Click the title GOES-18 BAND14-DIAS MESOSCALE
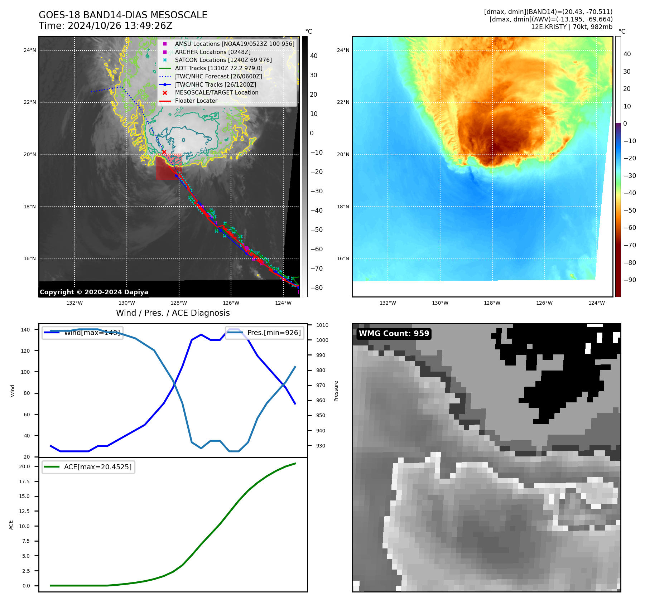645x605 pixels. [x=123, y=15]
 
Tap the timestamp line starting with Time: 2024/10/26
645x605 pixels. [x=105, y=26]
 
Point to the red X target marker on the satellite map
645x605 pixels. [x=164, y=152]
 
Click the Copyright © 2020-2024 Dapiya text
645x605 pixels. [x=94, y=292]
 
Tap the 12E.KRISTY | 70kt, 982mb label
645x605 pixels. [x=572, y=27]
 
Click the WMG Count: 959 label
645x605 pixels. [x=394, y=334]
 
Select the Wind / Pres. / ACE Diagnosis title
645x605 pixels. [x=173, y=313]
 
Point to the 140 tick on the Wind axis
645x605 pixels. [x=25, y=330]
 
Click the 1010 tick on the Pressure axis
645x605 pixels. [x=322, y=325]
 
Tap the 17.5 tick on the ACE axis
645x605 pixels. [x=24, y=481]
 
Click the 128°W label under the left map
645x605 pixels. [x=179, y=303]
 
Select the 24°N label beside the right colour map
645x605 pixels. [x=343, y=50]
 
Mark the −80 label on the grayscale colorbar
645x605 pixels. [x=316, y=288]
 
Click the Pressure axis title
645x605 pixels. [x=336, y=391]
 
